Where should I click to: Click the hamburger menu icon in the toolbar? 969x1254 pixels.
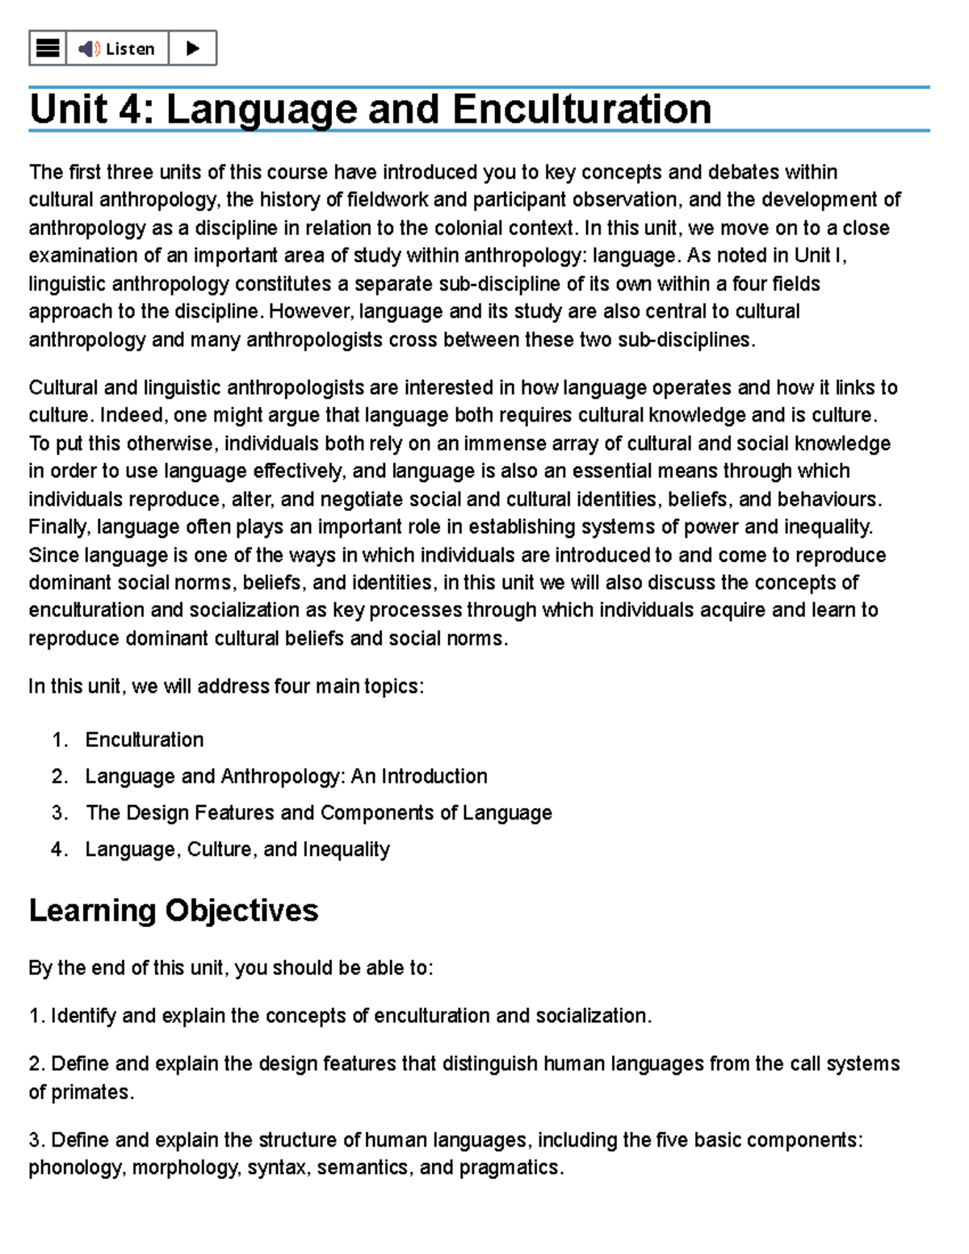tap(48, 48)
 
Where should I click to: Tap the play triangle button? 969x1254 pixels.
tap(192, 48)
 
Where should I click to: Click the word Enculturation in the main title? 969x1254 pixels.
tap(581, 109)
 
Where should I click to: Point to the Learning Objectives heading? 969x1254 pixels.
tap(174, 911)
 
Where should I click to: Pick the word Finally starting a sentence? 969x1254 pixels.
tap(59, 527)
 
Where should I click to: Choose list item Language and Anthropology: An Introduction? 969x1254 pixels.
tap(286, 777)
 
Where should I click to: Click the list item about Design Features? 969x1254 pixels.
tap(318, 813)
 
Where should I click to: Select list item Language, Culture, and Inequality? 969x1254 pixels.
tap(237, 849)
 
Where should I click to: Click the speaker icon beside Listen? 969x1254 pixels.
tap(89, 48)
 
